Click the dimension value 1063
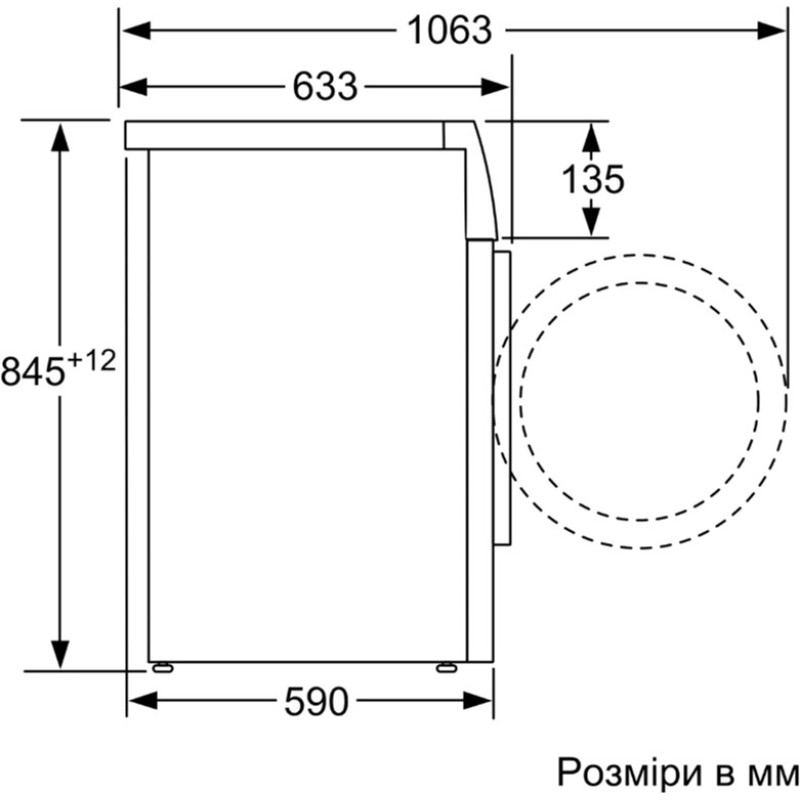coord(449,31)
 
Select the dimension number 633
coord(325,87)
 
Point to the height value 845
coord(33,371)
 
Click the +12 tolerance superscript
coord(92,360)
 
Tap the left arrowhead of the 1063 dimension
coord(135,31)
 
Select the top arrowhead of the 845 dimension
coord(61,135)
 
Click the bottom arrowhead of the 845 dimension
coord(61,654)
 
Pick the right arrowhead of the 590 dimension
coord(480,702)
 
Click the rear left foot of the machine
coord(162,666)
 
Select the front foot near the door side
coord(446,666)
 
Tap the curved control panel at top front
coord(483,180)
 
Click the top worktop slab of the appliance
coord(290,135)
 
